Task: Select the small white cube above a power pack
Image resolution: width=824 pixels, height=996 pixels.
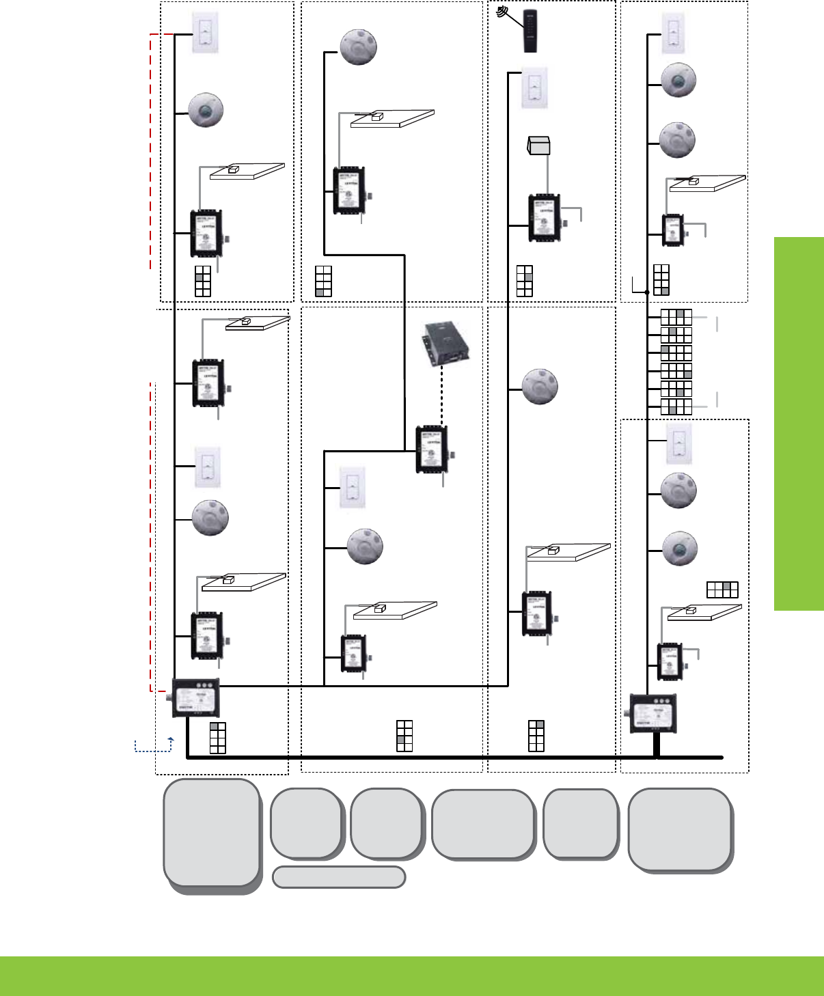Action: tap(539, 145)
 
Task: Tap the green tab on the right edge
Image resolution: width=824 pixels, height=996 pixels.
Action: tap(799, 424)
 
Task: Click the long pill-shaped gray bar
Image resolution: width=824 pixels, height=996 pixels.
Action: tap(339, 877)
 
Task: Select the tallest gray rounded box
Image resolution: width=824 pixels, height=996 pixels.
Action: tap(212, 833)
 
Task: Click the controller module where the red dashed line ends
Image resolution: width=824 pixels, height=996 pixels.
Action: tap(195, 698)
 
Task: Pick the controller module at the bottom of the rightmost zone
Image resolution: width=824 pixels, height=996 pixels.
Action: tap(653, 713)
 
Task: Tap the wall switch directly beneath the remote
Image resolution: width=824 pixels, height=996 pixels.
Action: tap(534, 88)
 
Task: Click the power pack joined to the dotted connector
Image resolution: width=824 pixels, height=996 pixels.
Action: tap(432, 449)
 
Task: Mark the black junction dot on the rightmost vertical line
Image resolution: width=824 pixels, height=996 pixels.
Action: tap(647, 292)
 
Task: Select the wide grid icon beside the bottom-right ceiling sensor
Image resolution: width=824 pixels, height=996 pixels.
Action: tap(722, 589)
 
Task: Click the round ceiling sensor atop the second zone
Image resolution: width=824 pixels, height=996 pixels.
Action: tap(359, 47)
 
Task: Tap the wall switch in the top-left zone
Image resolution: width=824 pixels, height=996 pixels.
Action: tap(205, 34)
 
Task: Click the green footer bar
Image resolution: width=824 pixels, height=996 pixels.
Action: tap(412, 976)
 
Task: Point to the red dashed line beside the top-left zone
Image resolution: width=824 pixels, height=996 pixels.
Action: tap(150, 150)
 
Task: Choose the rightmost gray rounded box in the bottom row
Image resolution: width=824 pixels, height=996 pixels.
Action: tap(681, 829)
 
